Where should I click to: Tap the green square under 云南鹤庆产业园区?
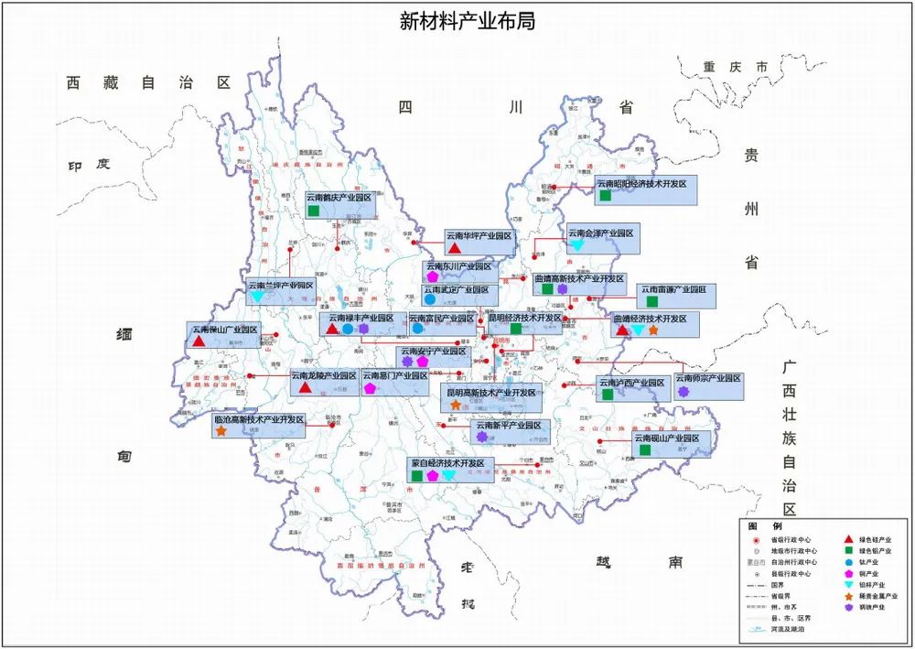tap(314, 211)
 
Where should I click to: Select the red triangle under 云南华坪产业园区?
tap(454, 248)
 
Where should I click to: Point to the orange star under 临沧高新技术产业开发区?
tap(221, 431)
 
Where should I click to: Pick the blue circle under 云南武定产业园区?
tap(429, 299)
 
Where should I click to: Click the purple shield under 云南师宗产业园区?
tap(683, 391)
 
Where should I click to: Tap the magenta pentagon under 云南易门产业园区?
tap(370, 388)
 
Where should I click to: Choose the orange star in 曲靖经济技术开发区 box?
tap(653, 330)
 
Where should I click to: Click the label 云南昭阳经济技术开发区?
tap(641, 183)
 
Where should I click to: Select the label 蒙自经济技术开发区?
tap(453, 463)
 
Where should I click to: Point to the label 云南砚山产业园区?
tap(668, 439)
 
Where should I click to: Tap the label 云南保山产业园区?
tap(223, 330)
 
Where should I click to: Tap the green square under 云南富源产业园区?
tap(651, 301)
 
